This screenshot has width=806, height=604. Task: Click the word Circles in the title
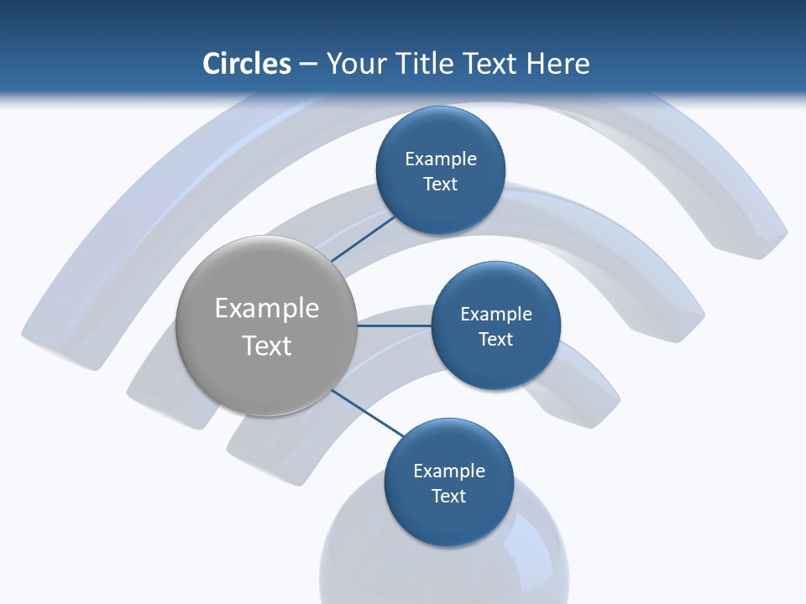click(247, 64)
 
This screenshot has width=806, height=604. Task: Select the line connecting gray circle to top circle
click(364, 238)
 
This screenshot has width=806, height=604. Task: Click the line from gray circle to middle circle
click(394, 325)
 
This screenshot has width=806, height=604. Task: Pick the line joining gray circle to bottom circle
click(366, 412)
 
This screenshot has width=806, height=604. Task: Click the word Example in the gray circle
click(267, 309)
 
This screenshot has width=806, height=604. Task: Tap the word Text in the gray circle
click(267, 346)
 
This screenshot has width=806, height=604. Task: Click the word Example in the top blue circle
click(441, 159)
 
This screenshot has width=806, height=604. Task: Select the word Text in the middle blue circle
click(495, 340)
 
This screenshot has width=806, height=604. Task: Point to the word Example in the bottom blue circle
click(449, 471)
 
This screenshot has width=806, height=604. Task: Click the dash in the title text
click(308, 65)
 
